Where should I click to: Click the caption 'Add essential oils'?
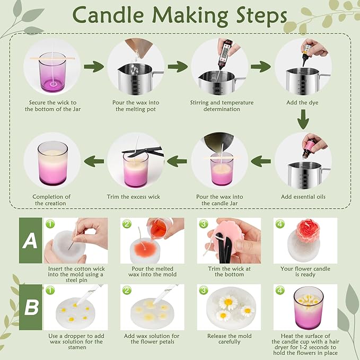303,197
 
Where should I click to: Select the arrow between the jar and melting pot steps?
94,67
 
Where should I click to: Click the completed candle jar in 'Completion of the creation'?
52,162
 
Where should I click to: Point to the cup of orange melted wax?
160,229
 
